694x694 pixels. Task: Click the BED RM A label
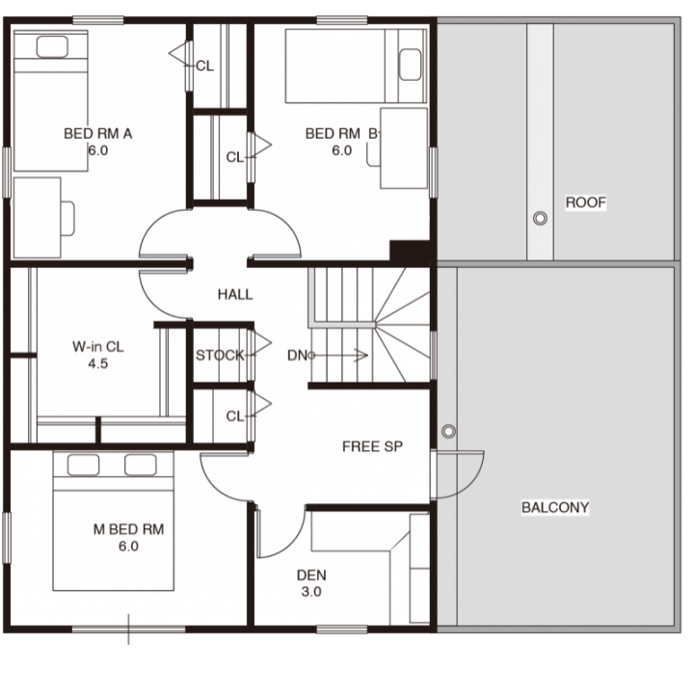pos(97,133)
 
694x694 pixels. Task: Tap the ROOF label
pos(586,202)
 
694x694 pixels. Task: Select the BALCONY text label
pos(555,507)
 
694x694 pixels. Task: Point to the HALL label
pos(235,294)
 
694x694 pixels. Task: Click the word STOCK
pos(220,355)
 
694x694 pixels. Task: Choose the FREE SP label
pos(372,446)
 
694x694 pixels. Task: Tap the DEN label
pos(311,574)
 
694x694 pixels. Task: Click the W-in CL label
pos(97,346)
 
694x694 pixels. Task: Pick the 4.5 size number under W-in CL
pos(97,363)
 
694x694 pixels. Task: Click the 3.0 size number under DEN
pos(311,591)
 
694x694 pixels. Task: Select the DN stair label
pos(297,355)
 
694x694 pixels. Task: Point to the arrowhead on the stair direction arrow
pos(363,355)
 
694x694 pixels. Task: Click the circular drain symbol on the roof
pos(540,218)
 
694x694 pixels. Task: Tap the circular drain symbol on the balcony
pos(448,431)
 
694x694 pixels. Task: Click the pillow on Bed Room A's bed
pos(52,46)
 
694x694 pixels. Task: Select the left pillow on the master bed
pos(83,465)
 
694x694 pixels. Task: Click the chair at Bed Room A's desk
pos(67,218)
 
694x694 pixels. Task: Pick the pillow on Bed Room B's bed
pos(410,65)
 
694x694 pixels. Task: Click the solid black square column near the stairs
pos(410,253)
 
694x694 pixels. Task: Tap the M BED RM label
pos(128,529)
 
